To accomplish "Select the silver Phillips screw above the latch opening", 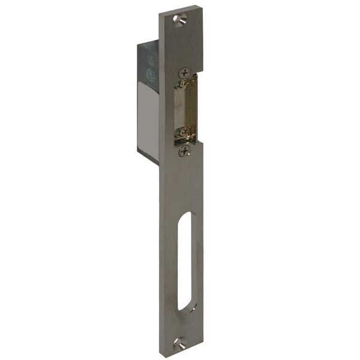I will pyautogui.click(x=184, y=72).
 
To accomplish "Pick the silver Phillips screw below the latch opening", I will pyautogui.click(x=184, y=151).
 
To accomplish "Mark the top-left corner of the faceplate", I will pyautogui.click(x=160, y=14).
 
